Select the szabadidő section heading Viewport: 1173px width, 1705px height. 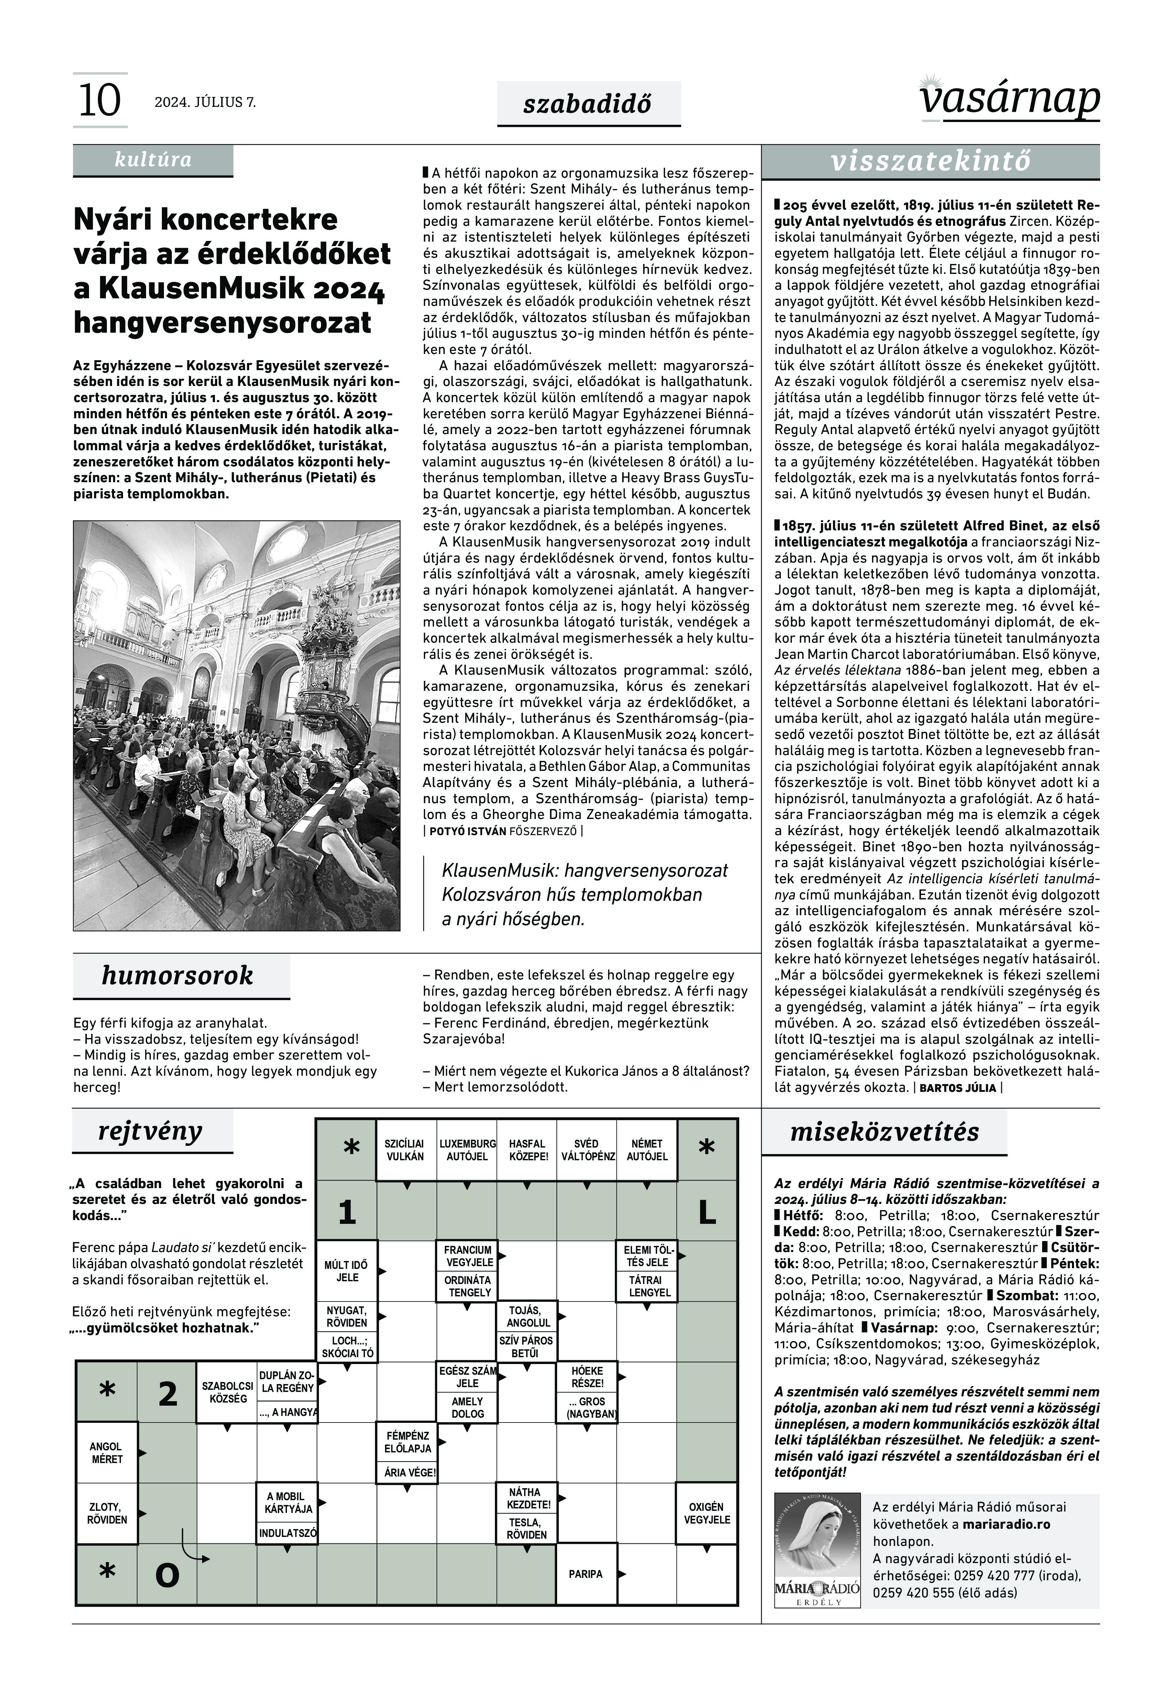[587, 104]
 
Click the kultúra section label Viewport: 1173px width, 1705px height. [153, 159]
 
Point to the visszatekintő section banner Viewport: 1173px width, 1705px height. [930, 162]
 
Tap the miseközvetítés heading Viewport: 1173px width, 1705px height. [884, 1132]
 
